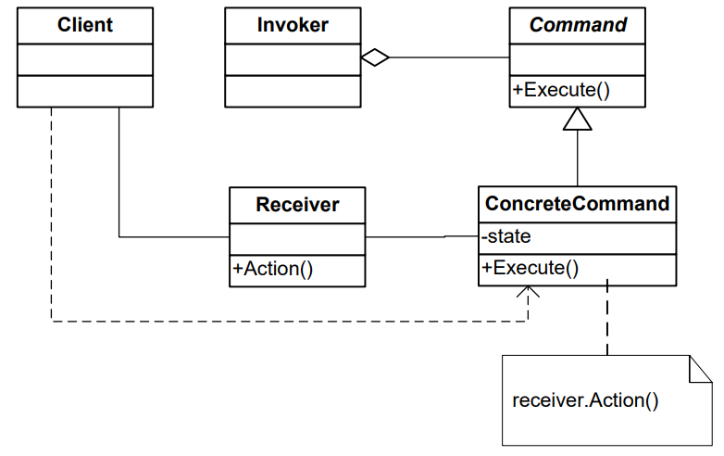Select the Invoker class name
click(293, 25)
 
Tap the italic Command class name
click(578, 25)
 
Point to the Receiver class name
click(297, 204)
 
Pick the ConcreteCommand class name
click(578, 204)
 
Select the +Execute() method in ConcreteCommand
click(531, 268)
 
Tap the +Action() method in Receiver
click(274, 269)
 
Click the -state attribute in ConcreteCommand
click(507, 236)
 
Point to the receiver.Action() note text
click(585, 401)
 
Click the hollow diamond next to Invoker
click(374, 57)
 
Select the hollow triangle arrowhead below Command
click(578, 119)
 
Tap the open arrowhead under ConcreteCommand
click(528, 292)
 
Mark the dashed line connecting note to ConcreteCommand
click(607, 320)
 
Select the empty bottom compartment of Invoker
click(293, 90)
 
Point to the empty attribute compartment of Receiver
click(297, 236)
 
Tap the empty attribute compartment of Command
click(578, 57)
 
